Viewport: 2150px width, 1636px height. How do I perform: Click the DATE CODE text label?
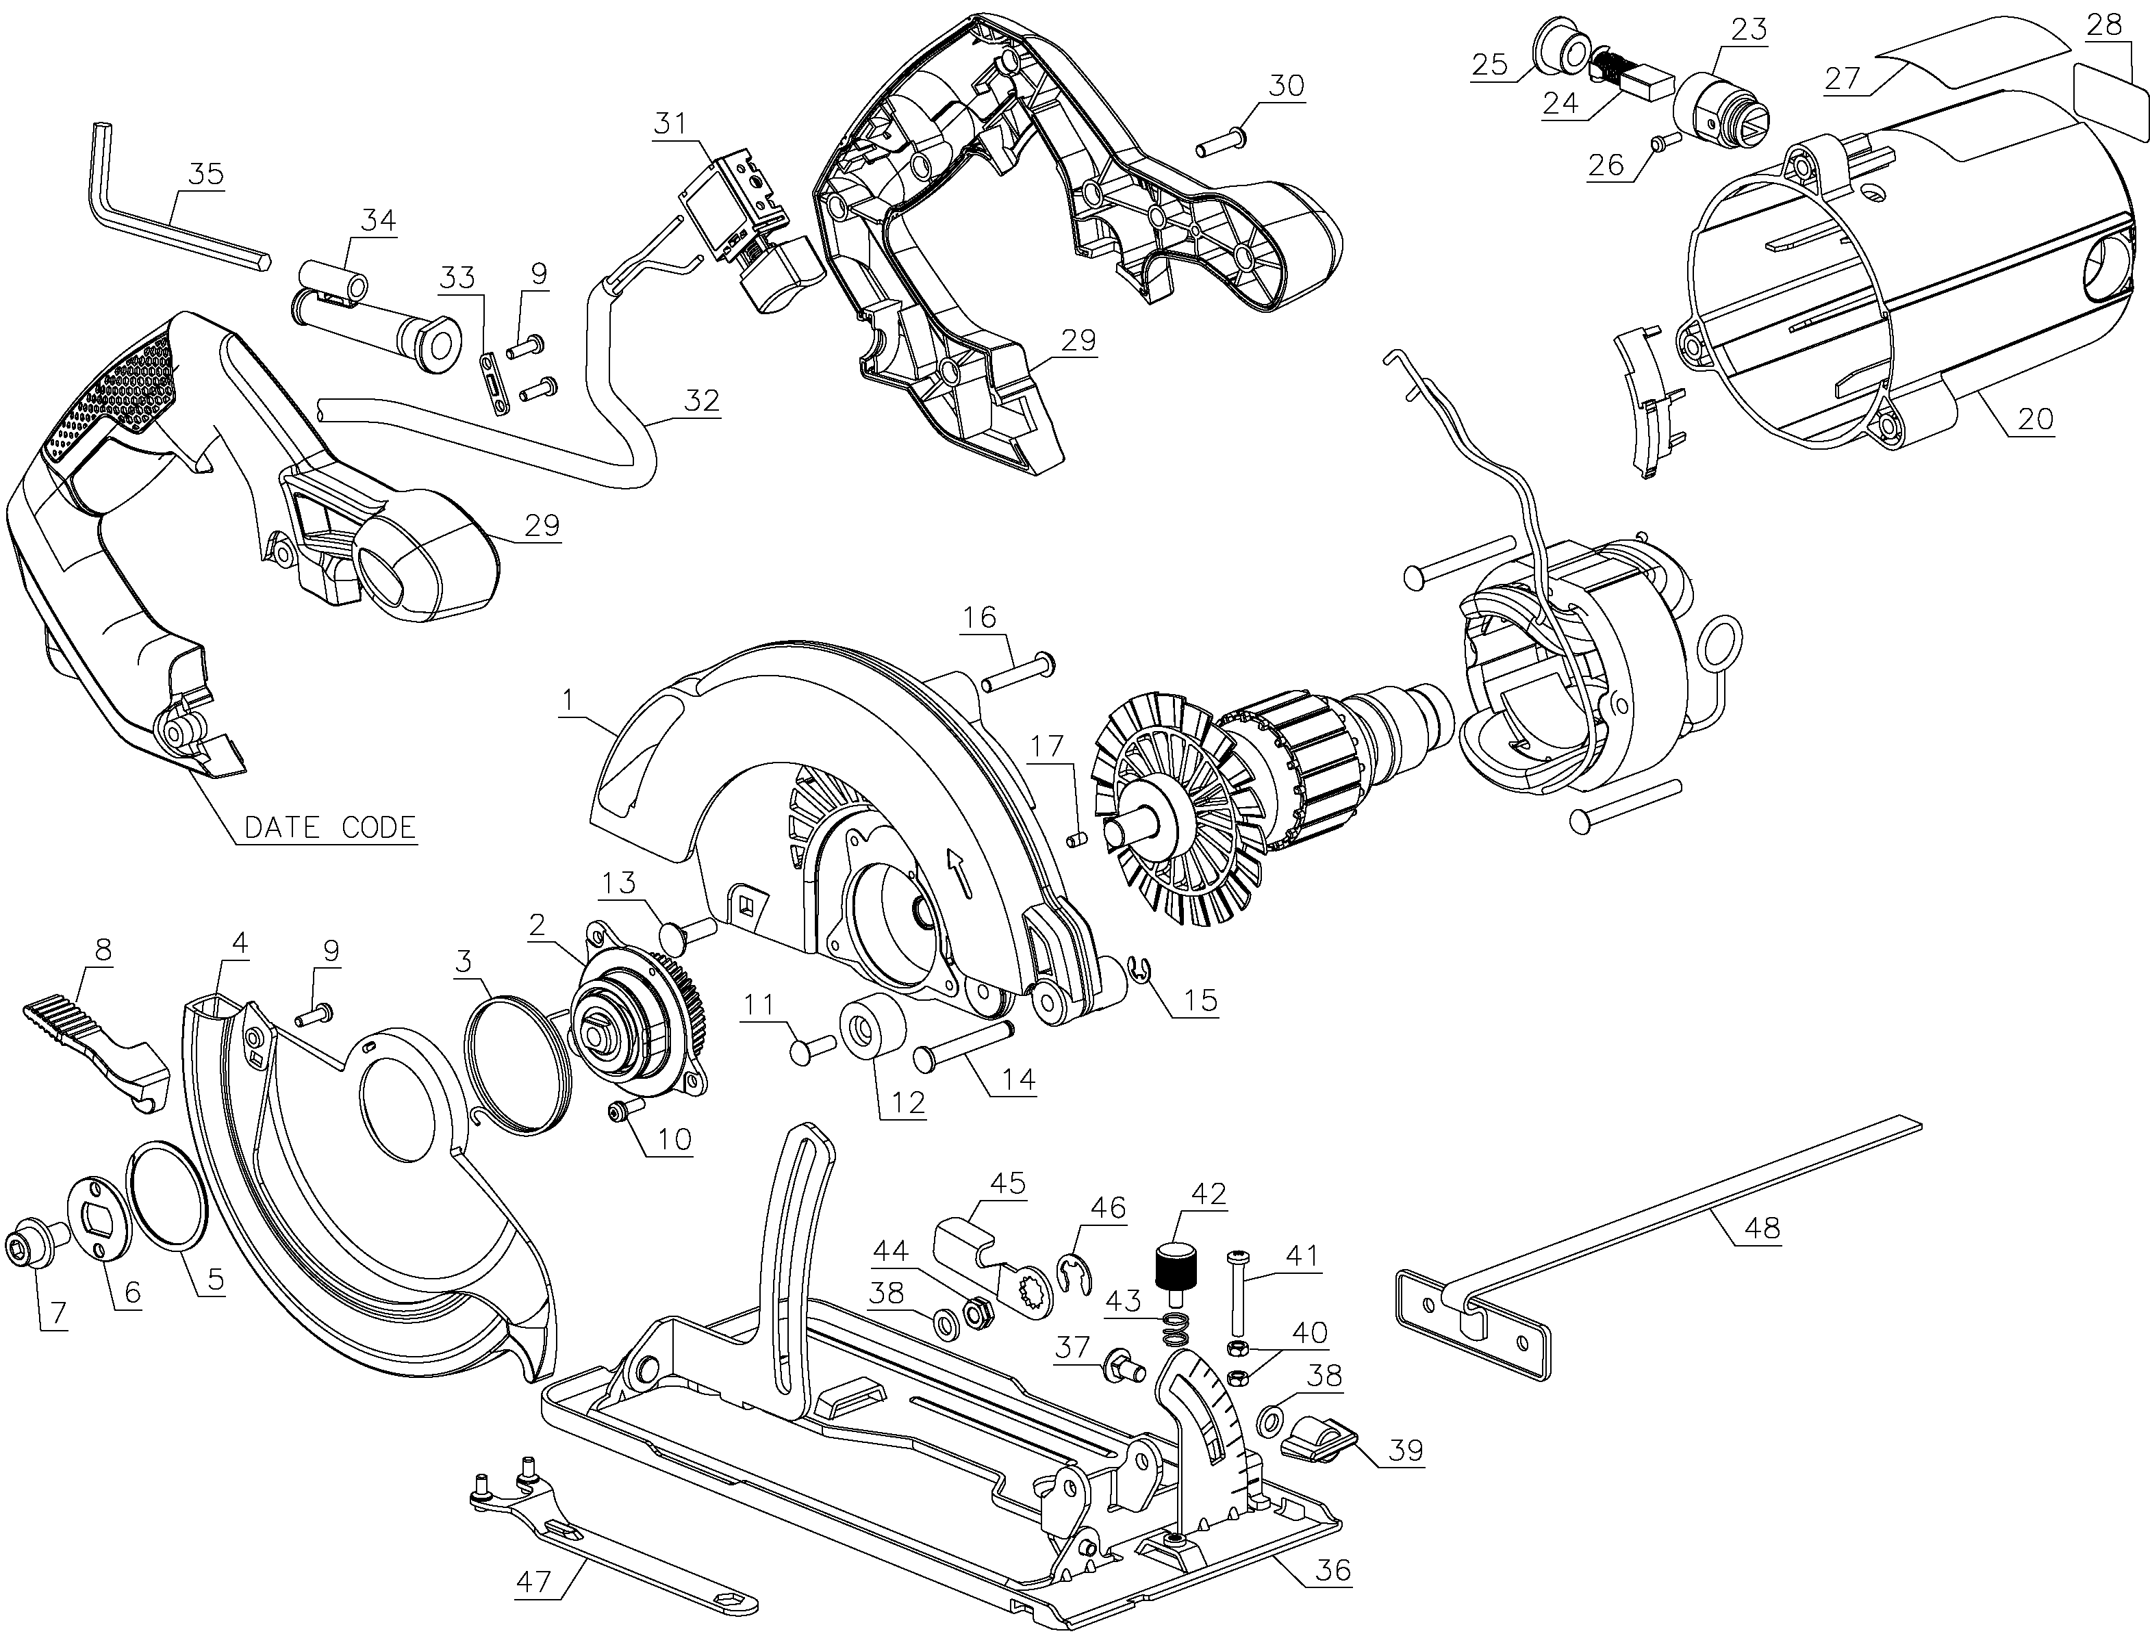pyautogui.click(x=329, y=828)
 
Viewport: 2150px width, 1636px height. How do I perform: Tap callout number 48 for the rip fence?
pyautogui.click(x=1761, y=1229)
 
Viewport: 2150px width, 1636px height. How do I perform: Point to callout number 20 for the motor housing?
pyautogui.click(x=2034, y=420)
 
